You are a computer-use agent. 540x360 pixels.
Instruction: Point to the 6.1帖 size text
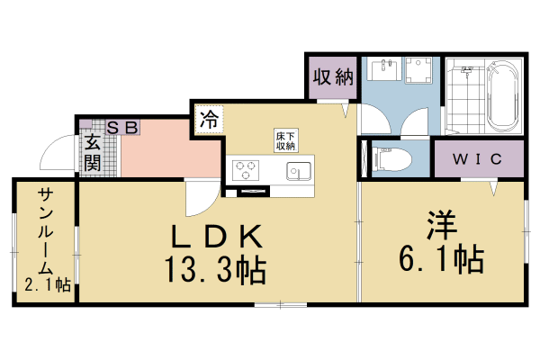[x=441, y=259]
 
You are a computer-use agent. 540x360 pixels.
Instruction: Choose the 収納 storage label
[x=331, y=77]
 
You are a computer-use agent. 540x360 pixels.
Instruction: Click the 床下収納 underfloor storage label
[x=285, y=140]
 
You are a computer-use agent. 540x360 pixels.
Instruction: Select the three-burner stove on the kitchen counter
[x=245, y=168]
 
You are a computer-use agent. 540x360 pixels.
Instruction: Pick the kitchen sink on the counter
[x=298, y=171]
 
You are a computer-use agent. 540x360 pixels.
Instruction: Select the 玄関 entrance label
[x=92, y=153]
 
